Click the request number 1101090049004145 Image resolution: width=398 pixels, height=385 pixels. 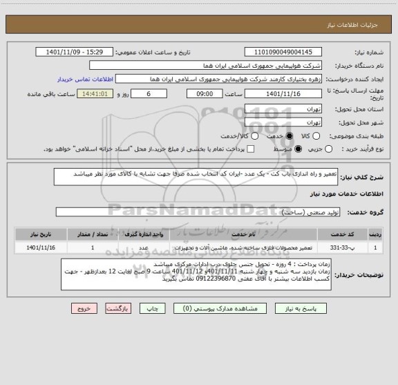tap(284, 52)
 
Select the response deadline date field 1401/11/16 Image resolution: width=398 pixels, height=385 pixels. tap(284, 93)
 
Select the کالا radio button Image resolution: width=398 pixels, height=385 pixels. tap(290, 135)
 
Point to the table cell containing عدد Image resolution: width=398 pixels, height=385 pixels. tap(144, 246)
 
